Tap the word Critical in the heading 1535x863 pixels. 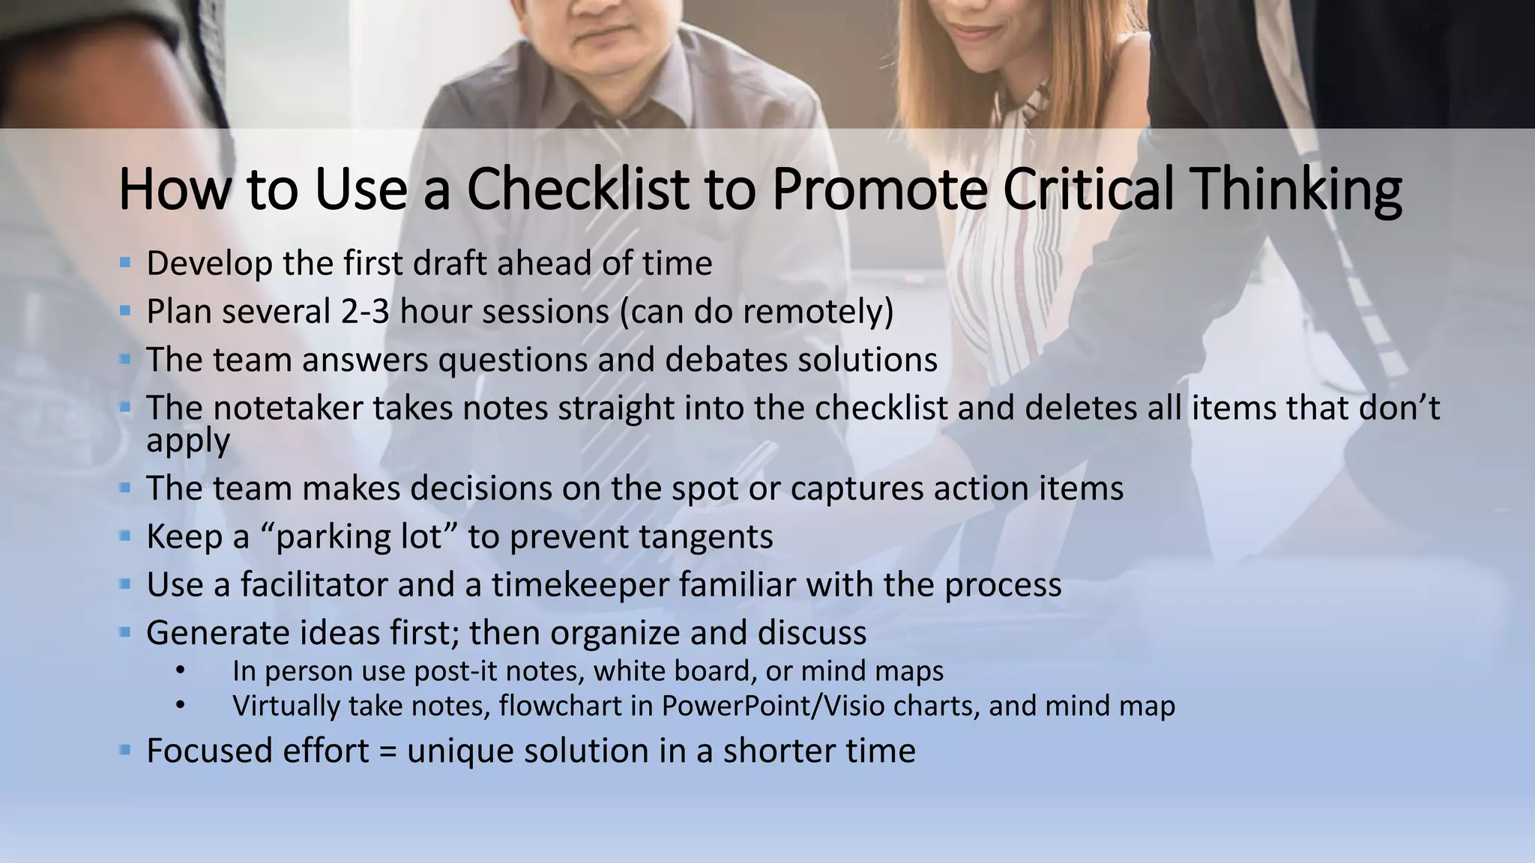point(1087,189)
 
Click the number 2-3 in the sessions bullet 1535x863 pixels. point(365,312)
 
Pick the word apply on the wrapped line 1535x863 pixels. point(187,440)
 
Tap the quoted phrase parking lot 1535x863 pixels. point(359,537)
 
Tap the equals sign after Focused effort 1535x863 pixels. point(387,751)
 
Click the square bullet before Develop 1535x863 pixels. point(125,263)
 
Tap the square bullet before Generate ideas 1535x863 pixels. point(125,632)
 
